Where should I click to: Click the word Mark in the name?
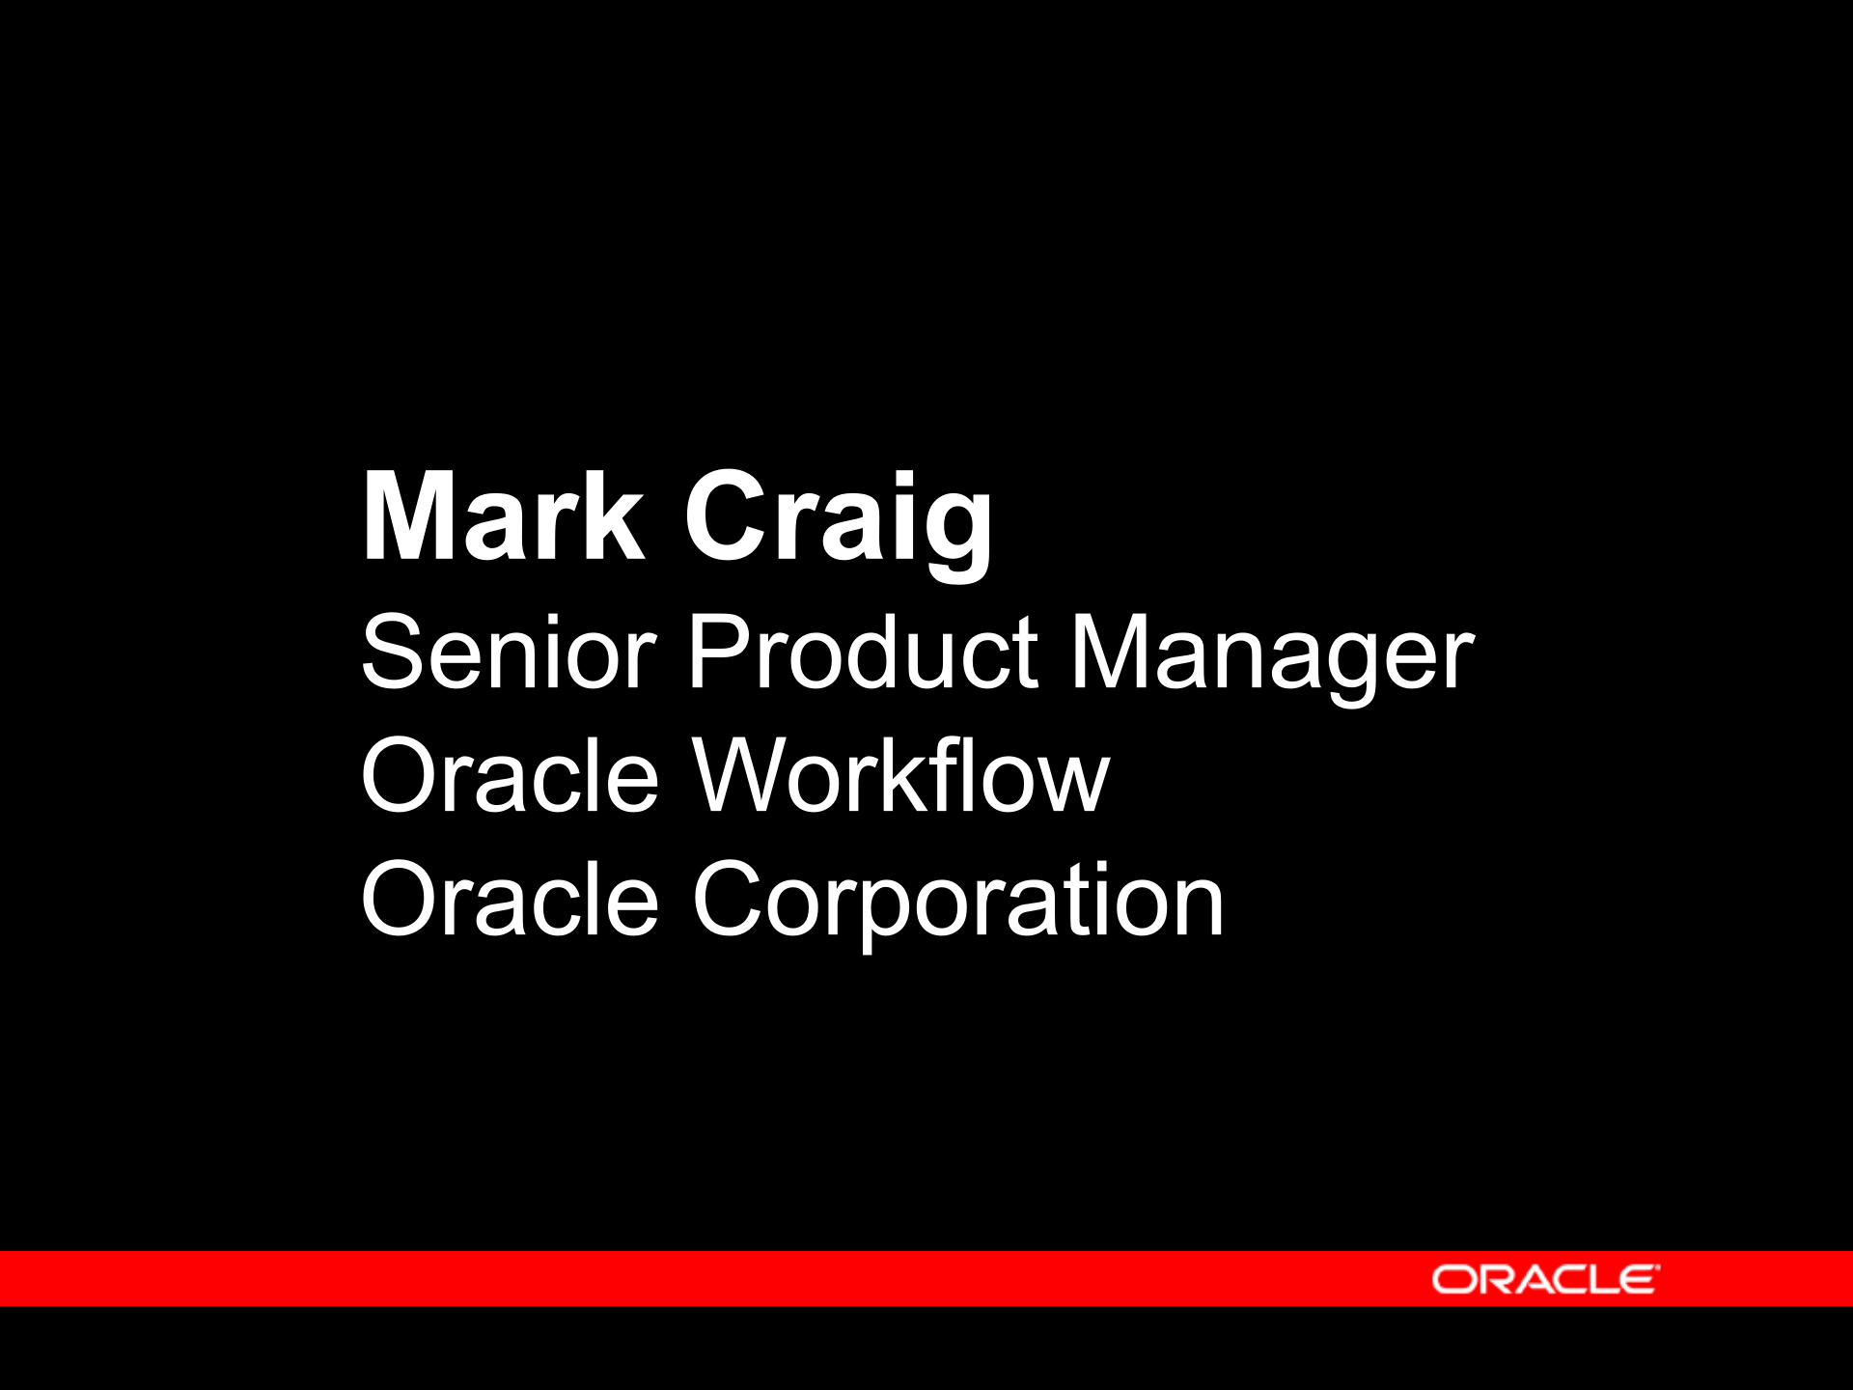(x=502, y=517)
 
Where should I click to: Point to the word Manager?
(x=1272, y=656)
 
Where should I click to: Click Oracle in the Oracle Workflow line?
(x=509, y=776)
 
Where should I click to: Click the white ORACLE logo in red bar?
(x=1544, y=1279)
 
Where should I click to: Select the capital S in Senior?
(x=392, y=653)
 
